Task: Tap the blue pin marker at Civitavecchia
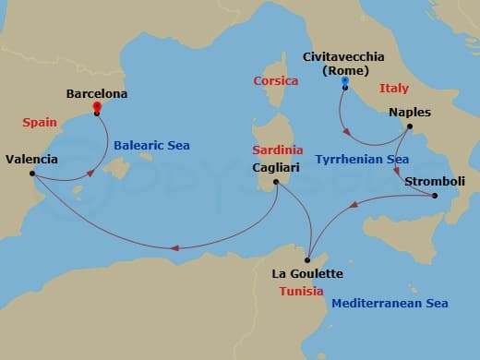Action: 344,83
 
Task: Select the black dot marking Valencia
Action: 32,174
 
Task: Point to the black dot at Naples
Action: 409,126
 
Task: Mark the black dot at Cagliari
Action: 275,184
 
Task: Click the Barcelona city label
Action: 97,93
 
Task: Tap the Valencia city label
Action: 31,159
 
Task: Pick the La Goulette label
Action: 307,274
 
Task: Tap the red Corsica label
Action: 276,81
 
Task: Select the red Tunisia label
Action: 301,291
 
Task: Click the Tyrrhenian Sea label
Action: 362,159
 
